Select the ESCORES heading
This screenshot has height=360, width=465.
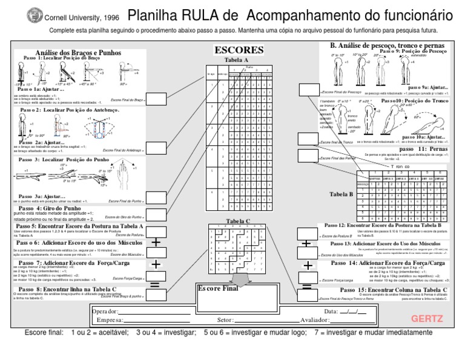pyautogui.click(x=239, y=50)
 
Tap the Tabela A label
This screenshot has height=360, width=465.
pyautogui.click(x=236, y=61)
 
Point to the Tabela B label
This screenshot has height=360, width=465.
pyautogui.click(x=343, y=193)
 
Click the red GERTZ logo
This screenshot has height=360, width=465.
pyautogui.click(x=427, y=319)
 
